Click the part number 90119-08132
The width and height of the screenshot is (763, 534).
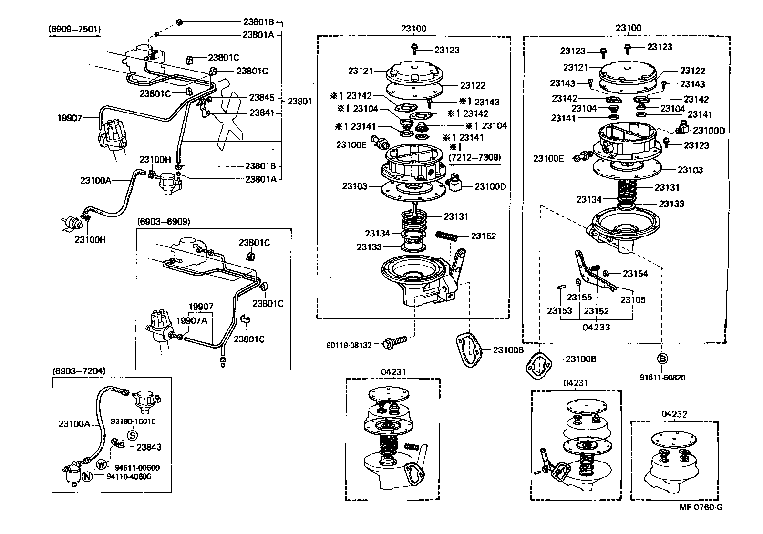click(x=349, y=344)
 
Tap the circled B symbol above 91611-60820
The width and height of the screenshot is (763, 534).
click(x=662, y=359)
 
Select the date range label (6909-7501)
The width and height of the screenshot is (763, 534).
click(x=74, y=29)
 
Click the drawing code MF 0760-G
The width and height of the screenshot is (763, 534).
click(x=701, y=507)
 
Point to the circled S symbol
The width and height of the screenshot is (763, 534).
click(x=132, y=435)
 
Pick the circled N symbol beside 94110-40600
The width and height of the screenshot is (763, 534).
click(x=87, y=476)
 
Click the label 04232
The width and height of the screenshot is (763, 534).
click(x=674, y=414)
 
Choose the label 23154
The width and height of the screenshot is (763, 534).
click(x=635, y=274)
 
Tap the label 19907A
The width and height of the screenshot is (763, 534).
click(x=192, y=320)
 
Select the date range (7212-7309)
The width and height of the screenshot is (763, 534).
click(x=474, y=157)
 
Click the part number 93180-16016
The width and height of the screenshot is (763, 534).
click(x=133, y=421)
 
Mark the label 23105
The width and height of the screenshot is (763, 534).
click(x=633, y=300)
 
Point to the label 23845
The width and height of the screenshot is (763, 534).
click(x=262, y=97)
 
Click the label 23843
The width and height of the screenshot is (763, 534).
click(x=149, y=447)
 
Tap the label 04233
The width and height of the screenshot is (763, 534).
click(x=596, y=327)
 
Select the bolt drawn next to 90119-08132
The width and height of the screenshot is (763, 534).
click(x=395, y=341)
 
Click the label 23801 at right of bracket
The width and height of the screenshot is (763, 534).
click(x=300, y=101)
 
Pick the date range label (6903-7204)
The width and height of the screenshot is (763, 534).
click(x=79, y=370)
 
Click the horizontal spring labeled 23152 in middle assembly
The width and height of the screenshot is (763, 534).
click(x=447, y=236)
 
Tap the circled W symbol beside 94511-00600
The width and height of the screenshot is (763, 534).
click(x=102, y=464)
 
